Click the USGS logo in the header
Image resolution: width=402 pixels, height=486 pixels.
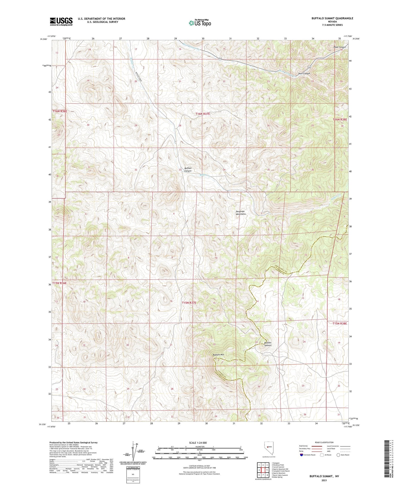(61, 21)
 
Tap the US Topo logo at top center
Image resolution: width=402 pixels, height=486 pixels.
(200, 23)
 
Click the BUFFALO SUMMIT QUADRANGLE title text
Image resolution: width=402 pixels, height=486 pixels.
(332, 18)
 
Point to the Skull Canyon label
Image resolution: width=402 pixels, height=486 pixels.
(304, 73)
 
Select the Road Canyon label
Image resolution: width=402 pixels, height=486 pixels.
(340, 47)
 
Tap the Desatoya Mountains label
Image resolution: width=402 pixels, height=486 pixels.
(241, 213)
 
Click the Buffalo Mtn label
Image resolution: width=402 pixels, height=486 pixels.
(218, 355)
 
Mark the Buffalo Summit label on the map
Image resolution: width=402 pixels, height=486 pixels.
(268, 344)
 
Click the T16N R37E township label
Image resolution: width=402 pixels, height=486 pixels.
(203, 114)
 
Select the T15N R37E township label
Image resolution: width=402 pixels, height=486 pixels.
(189, 303)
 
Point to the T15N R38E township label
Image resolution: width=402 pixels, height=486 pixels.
(340, 324)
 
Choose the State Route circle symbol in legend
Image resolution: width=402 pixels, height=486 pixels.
(338, 455)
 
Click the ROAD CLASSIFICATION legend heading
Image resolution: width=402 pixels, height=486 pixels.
(324, 442)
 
